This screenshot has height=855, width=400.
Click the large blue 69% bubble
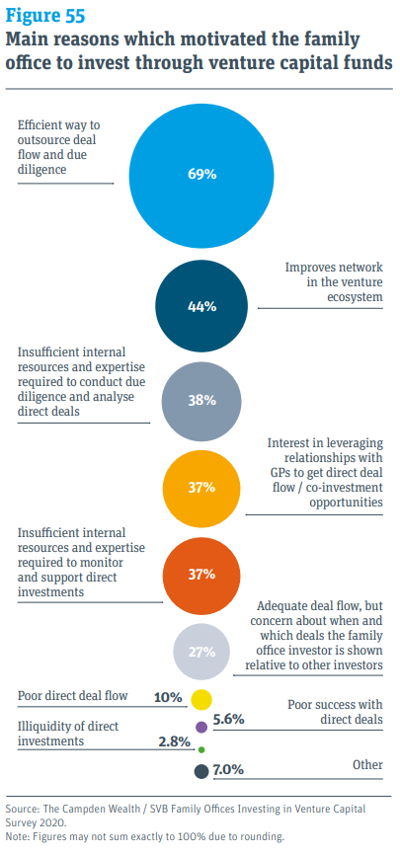tap(201, 173)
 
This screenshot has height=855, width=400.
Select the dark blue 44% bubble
tap(201, 306)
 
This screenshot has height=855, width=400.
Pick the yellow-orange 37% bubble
tap(201, 488)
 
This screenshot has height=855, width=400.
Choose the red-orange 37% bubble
tap(201, 574)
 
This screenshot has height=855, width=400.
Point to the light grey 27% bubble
tap(201, 652)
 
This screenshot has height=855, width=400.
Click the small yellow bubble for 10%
tap(201, 700)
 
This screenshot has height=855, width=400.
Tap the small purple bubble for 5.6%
tap(201, 727)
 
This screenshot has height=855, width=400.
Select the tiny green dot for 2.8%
tap(201, 749)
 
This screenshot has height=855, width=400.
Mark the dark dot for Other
tap(201, 771)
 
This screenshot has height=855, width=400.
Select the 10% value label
tap(169, 697)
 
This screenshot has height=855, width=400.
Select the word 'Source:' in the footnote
tap(23, 807)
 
